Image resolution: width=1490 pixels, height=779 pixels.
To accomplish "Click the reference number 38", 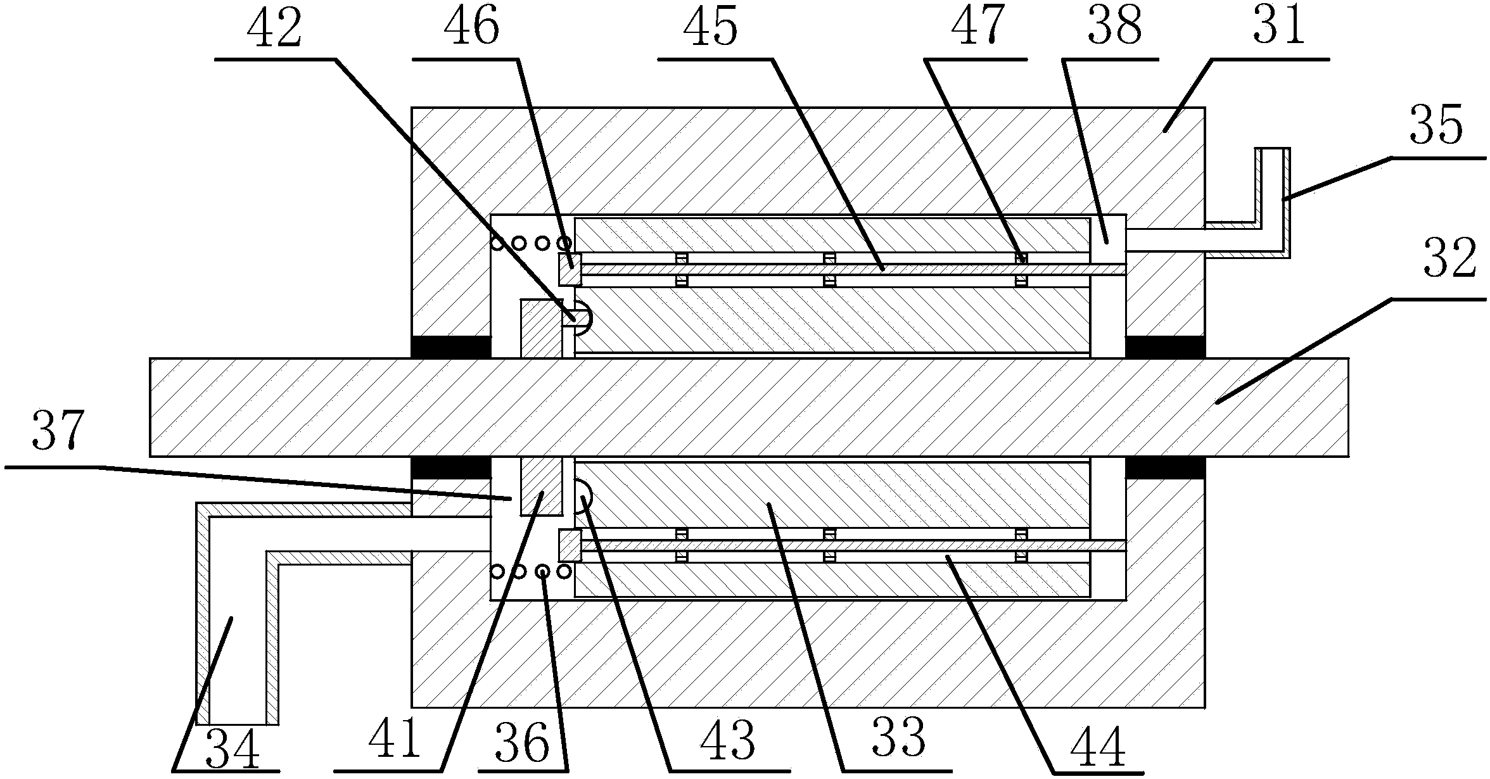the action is coord(1114,28).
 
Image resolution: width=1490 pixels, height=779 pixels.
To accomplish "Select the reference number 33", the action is coord(899,738).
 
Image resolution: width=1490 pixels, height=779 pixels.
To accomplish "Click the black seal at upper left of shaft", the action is coord(450,346).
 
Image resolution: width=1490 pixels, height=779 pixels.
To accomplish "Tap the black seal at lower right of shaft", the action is coord(1164,467).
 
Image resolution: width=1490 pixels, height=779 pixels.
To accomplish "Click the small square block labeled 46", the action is coord(569,270).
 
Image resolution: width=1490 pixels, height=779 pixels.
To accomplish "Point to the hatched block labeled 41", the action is coord(540,486).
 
